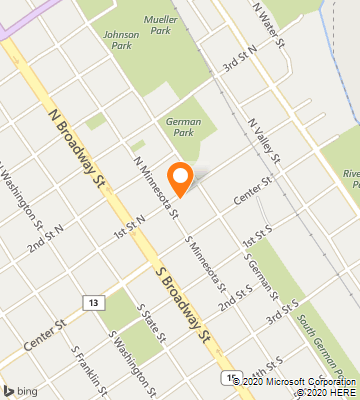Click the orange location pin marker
coord(180,177)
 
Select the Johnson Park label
coord(121,39)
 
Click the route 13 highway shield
coord(93,302)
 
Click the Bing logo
coord(21,389)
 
